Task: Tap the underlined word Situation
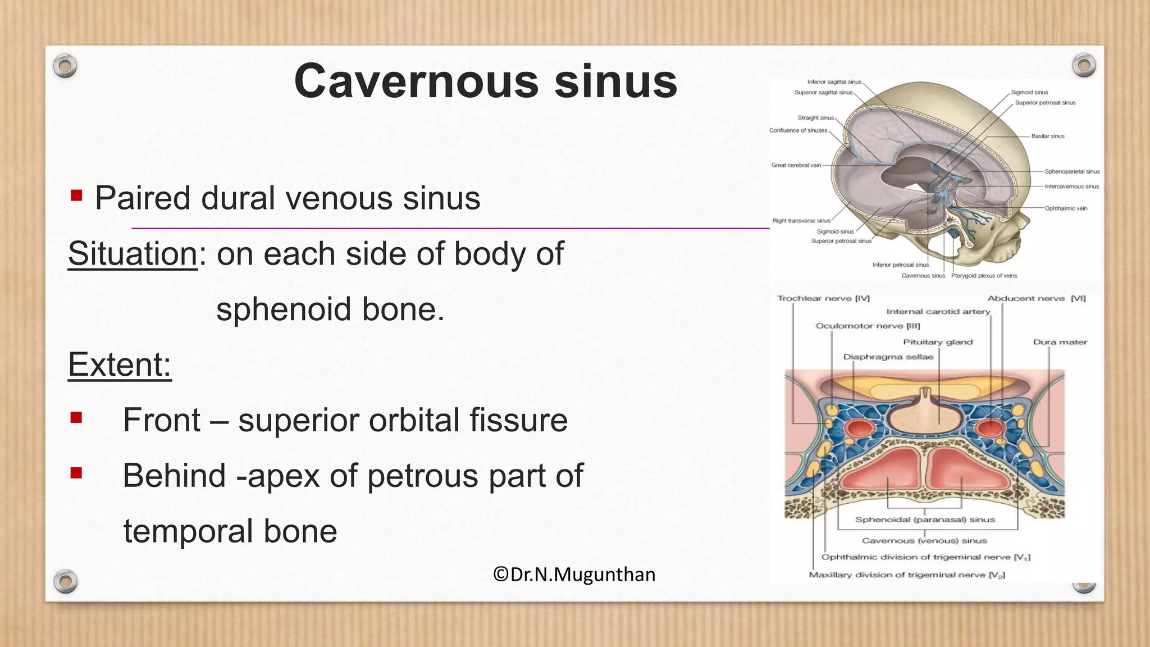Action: [133, 254]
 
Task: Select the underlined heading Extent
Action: [119, 365]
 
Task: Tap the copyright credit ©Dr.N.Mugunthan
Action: [574, 575]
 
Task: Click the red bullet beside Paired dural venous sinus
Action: [76, 196]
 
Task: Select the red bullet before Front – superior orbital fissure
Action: [76, 418]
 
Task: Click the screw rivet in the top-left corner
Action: [65, 66]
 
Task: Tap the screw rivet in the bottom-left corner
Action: [65, 581]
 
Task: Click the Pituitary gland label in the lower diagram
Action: [938, 342]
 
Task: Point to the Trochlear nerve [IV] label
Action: [823, 299]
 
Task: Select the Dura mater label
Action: [1060, 342]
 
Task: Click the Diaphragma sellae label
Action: [888, 357]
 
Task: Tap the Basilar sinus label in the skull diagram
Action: [1048, 136]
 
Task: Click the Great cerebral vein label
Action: [796, 166]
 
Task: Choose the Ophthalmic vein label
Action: [1066, 208]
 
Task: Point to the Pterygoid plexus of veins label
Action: [984, 276]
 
